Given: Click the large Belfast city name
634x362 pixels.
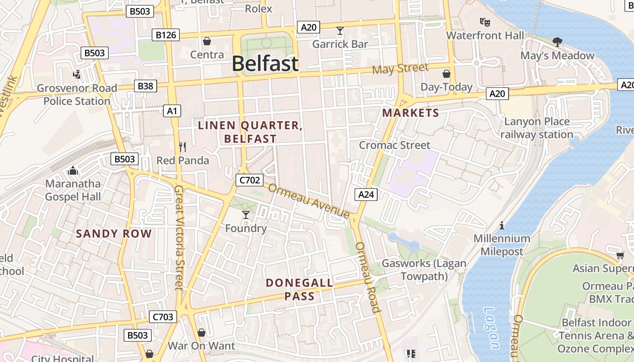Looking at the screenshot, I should [265, 64].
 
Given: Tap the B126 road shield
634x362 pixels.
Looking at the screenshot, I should [165, 35].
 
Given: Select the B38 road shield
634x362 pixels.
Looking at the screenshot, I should [145, 86].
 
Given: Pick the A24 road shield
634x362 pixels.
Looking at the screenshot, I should [366, 195].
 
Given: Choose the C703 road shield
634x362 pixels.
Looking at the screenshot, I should [162, 317].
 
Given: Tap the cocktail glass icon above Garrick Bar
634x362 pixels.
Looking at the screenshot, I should [340, 31].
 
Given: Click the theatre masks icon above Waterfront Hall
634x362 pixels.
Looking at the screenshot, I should [485, 22].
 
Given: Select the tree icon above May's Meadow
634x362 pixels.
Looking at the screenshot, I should [557, 42].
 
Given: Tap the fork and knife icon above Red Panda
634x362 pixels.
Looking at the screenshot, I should [183, 147].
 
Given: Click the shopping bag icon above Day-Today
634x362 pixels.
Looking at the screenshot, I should [447, 73].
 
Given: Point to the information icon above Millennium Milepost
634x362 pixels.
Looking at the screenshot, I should [501, 225].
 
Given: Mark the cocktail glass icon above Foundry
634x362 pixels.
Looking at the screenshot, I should [246, 214].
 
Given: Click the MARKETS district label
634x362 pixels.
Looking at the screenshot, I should [411, 113].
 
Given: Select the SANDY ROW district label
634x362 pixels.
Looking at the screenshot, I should [114, 233].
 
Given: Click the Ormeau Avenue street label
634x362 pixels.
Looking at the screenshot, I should [309, 200].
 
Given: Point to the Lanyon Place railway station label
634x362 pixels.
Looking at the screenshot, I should [537, 128].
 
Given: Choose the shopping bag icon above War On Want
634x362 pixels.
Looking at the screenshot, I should [202, 333].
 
